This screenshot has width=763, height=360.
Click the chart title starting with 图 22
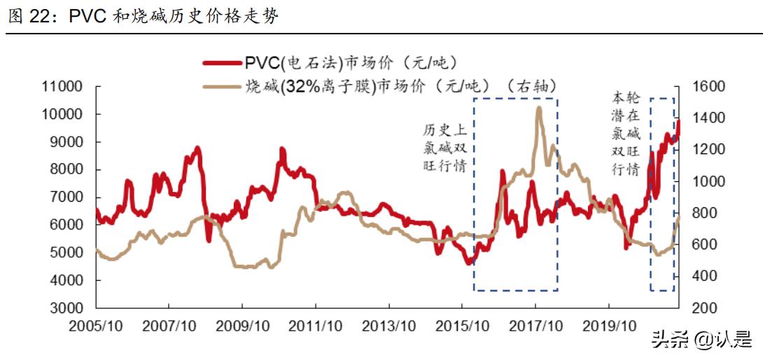pos(143,17)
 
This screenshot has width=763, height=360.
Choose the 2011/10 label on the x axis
pos(315,326)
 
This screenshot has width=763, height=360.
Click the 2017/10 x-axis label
pos(535,326)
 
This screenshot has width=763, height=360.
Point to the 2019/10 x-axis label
pos(608,326)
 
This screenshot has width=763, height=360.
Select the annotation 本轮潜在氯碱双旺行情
pos(626,132)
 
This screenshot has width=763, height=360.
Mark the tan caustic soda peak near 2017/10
pos(538,107)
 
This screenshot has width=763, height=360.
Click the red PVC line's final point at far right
pos(678,122)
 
